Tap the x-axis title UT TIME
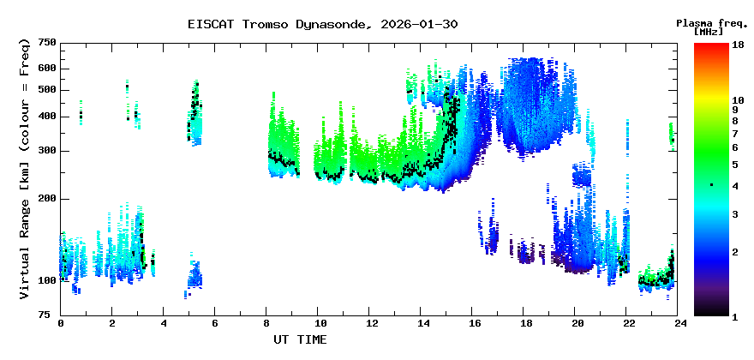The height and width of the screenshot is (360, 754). [x=300, y=340]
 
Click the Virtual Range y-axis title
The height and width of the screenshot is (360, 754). [x=23, y=169]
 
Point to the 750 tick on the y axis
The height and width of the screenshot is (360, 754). [x=47, y=42]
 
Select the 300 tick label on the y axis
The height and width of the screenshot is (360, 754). [x=47, y=151]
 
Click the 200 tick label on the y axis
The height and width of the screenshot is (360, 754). [x=47, y=199]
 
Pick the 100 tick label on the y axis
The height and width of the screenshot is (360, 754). [x=47, y=280]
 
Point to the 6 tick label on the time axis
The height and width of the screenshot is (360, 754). [x=215, y=323]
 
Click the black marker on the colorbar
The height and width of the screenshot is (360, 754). [x=710, y=185]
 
